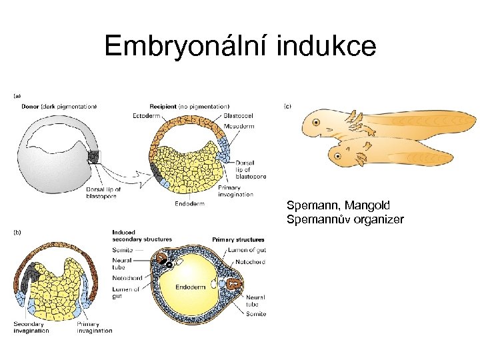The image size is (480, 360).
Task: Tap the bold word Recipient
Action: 163,106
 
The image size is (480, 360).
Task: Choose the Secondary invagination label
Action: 31,327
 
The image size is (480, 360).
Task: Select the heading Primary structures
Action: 238,239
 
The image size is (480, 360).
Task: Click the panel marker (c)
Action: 289,106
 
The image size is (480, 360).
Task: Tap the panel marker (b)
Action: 17,232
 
